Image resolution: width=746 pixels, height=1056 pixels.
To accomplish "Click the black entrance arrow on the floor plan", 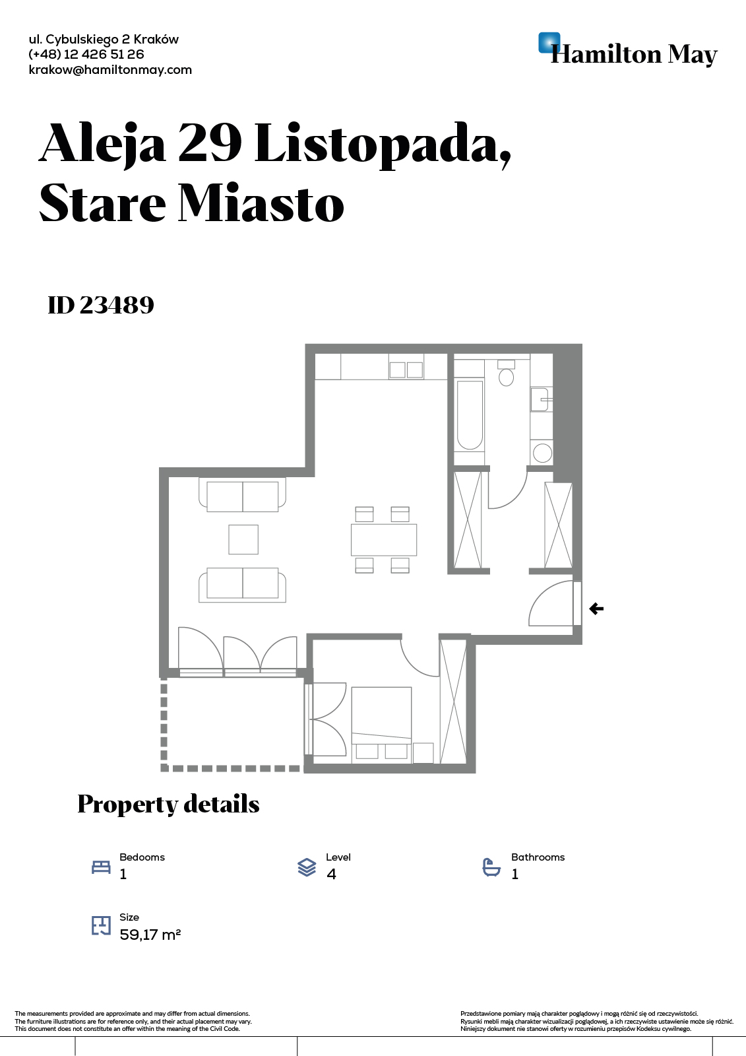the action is click(x=596, y=609).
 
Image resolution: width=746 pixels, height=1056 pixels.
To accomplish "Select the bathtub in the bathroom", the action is click(x=470, y=415).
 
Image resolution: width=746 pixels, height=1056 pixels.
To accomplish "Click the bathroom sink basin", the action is click(x=540, y=399).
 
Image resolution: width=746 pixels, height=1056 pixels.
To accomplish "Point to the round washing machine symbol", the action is click(x=542, y=453).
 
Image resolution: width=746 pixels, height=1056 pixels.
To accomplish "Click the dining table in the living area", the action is click(x=384, y=539).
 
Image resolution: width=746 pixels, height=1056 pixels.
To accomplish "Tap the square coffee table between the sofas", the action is click(x=243, y=539).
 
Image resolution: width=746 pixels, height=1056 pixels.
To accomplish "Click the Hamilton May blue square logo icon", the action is click(x=549, y=42).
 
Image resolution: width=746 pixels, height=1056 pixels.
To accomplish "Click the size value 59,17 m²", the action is click(x=150, y=934).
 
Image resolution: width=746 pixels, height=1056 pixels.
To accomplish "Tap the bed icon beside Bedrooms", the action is click(x=101, y=867).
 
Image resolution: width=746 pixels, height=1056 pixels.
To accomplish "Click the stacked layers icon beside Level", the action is click(x=307, y=867).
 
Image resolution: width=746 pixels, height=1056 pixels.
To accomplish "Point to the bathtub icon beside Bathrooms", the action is click(x=491, y=867).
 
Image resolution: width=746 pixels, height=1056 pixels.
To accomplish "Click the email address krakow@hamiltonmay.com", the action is click(x=110, y=70).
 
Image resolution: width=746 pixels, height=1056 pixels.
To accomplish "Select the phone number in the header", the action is click(x=86, y=54).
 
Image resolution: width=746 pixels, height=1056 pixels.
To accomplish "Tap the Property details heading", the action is click(x=168, y=804).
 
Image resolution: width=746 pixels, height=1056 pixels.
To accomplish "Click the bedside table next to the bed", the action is click(x=423, y=753).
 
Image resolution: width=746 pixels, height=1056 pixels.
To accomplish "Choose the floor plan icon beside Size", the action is click(x=101, y=925).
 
